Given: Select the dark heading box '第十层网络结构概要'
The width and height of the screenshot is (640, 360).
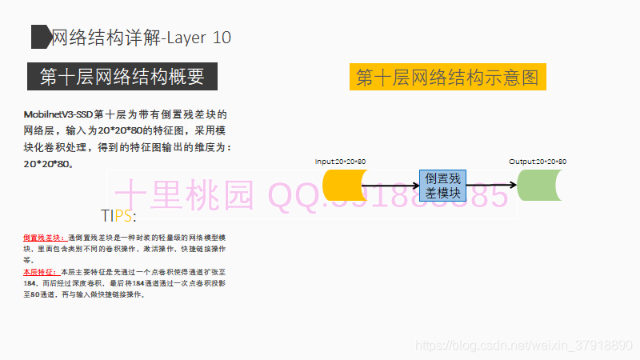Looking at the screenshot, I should [122, 77].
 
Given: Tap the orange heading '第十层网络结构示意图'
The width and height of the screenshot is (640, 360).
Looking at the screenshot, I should [447, 78].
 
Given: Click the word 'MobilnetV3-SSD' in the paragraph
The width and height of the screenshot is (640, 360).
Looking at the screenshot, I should [58, 114].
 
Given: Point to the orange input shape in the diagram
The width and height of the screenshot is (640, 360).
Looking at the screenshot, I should [340, 186].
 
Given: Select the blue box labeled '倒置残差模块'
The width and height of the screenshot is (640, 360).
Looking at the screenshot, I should [443, 185].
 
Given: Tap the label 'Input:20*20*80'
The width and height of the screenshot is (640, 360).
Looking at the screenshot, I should [340, 162].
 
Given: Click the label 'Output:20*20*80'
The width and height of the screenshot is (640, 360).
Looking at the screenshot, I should [538, 162].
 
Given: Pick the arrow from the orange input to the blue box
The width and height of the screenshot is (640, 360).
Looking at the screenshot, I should [390, 186].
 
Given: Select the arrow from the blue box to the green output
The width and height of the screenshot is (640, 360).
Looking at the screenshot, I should [492, 186].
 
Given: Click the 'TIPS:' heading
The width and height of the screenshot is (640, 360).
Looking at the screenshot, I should [118, 216].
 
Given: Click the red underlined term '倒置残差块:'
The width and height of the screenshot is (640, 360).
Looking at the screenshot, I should [45, 238].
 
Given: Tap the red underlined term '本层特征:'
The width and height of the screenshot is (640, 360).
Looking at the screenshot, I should [41, 272].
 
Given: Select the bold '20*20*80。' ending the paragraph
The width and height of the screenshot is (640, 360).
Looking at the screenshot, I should [50, 163].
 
